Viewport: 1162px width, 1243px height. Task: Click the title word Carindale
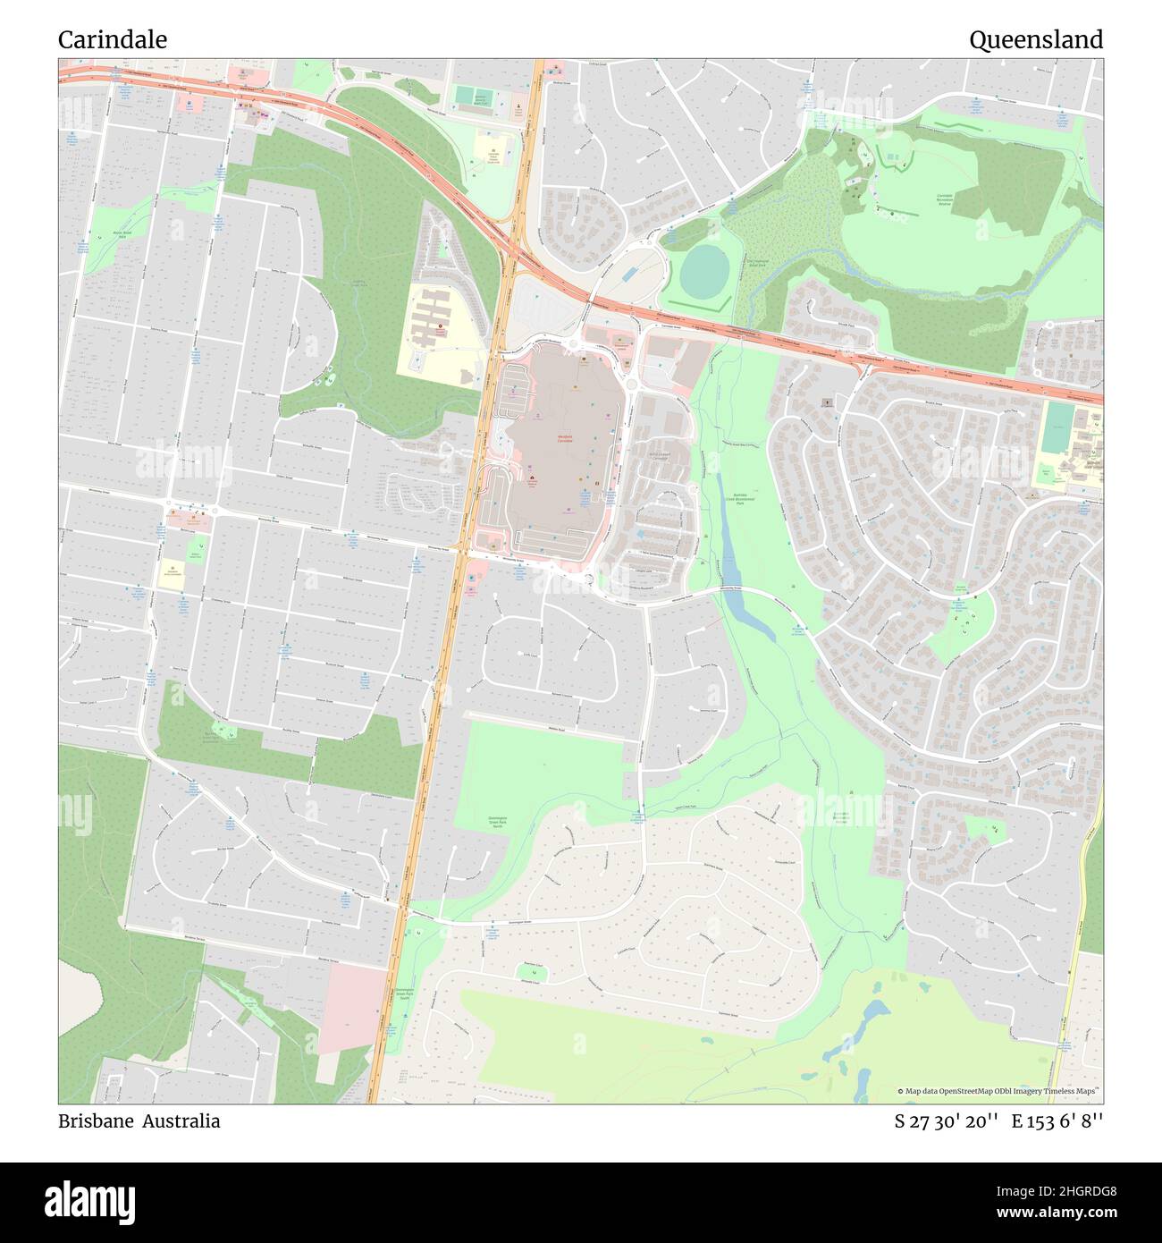pos(113,40)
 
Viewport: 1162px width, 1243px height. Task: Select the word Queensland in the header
pos(1036,40)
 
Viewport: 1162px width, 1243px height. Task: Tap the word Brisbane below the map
pos(94,1120)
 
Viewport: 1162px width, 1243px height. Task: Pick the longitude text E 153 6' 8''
pos(1057,1120)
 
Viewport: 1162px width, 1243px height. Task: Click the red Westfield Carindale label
pos(564,439)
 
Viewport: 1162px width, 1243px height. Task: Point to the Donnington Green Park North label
pos(499,823)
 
